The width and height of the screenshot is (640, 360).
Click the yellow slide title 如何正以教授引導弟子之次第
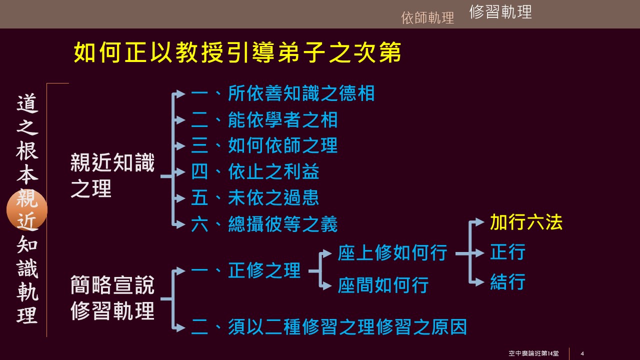[x=237, y=53]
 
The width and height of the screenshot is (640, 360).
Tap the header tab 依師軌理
[x=427, y=18]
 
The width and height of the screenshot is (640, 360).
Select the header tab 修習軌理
[x=500, y=12]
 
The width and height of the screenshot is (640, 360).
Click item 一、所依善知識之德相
[x=282, y=93]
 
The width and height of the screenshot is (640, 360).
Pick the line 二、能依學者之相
[x=264, y=120]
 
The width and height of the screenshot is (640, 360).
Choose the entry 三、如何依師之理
[x=264, y=146]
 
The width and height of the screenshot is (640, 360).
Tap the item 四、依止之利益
[x=255, y=172]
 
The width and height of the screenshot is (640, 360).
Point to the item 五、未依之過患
[x=255, y=198]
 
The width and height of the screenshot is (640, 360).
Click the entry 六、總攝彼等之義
[x=264, y=224]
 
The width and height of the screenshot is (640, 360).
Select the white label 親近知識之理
[x=112, y=176]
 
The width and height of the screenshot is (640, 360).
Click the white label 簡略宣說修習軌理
[x=112, y=298]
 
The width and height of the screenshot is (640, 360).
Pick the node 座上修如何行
[x=392, y=253]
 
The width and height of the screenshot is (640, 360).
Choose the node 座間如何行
[x=383, y=285]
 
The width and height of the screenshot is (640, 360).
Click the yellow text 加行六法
[x=526, y=222]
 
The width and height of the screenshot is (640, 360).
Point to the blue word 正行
[x=507, y=252]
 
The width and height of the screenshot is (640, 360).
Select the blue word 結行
[x=507, y=282]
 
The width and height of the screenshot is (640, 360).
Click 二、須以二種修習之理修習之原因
[x=329, y=327]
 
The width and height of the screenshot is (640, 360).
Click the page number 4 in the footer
[x=582, y=354]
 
